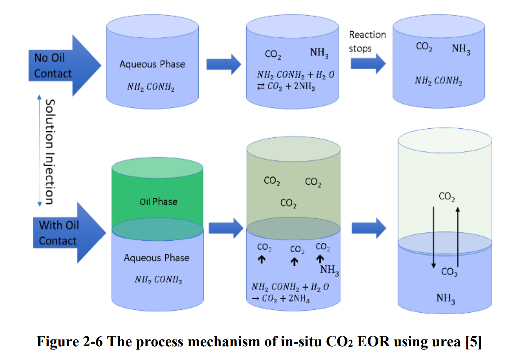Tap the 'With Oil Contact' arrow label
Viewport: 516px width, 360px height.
point(58,233)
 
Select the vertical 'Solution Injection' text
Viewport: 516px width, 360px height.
point(50,152)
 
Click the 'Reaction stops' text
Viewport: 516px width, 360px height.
point(367,41)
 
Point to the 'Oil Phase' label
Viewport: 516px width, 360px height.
point(158,202)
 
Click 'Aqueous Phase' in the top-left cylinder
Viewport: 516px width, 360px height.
point(152,64)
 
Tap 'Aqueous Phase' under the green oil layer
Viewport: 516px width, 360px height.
point(157,258)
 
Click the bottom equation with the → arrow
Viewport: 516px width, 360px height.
point(290,293)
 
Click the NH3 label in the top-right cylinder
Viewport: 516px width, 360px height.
point(461,49)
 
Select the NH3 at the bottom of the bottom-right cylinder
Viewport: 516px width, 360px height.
point(445,298)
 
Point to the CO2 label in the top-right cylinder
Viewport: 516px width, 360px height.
point(424,46)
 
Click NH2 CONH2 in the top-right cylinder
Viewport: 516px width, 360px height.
point(438,81)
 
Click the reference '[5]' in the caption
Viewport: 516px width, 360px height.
point(473,342)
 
